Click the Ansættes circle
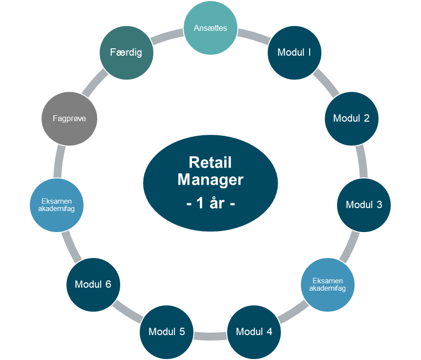[210, 28]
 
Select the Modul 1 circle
[294, 52]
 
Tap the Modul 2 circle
[351, 118]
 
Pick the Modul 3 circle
[364, 205]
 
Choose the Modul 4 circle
[254, 332]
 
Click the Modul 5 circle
[167, 332]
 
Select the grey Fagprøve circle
[69, 119]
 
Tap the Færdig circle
[126, 52]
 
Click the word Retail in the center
[210, 163]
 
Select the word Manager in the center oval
[210, 179]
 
